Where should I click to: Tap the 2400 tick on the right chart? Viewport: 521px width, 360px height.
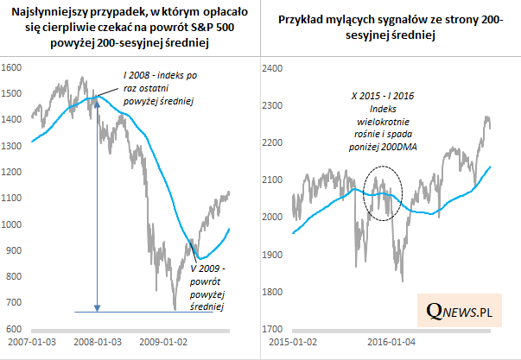pos(273,67)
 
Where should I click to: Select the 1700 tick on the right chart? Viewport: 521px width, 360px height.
pos(273,330)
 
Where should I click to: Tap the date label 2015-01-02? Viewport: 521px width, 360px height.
pos(291,342)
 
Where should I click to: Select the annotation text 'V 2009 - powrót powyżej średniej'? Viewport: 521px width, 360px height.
pos(206,288)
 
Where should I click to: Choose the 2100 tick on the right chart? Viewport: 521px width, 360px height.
pos(273,180)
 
